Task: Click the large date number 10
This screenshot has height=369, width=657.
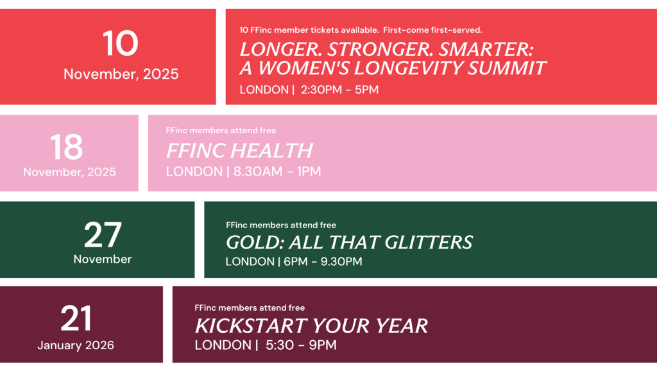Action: click(120, 44)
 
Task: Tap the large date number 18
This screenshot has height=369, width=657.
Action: click(67, 147)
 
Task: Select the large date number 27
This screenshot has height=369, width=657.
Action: click(103, 235)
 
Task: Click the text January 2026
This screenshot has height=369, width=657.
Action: click(76, 345)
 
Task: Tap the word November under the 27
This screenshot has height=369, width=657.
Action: click(103, 259)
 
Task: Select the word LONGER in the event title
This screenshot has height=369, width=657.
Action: click(280, 49)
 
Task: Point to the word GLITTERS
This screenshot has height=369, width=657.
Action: click(429, 243)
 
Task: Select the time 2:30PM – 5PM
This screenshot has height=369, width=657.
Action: click(340, 90)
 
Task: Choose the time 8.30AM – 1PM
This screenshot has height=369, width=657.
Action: click(277, 172)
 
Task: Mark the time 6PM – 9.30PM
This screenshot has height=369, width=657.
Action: click(323, 261)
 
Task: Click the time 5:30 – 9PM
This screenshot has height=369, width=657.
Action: click(301, 345)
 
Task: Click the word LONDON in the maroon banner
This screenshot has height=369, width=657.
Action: click(223, 345)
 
